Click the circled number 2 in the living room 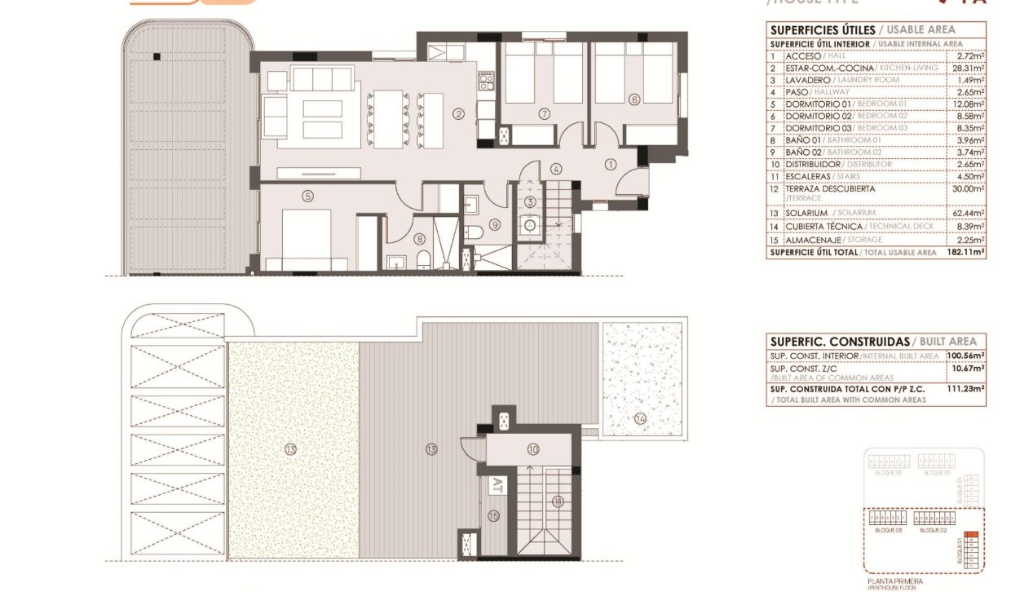pos(459,115)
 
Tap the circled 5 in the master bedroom pos(307,196)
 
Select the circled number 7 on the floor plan pos(544,113)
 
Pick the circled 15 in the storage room pos(492,515)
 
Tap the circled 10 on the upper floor pos(533,449)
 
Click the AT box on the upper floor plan pos(496,486)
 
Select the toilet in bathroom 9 pos(473,233)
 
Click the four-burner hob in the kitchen pos(487,81)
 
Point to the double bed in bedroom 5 pos(307,236)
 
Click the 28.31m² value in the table pos(970,68)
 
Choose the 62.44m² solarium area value pos(970,213)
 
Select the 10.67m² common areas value pos(969,369)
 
